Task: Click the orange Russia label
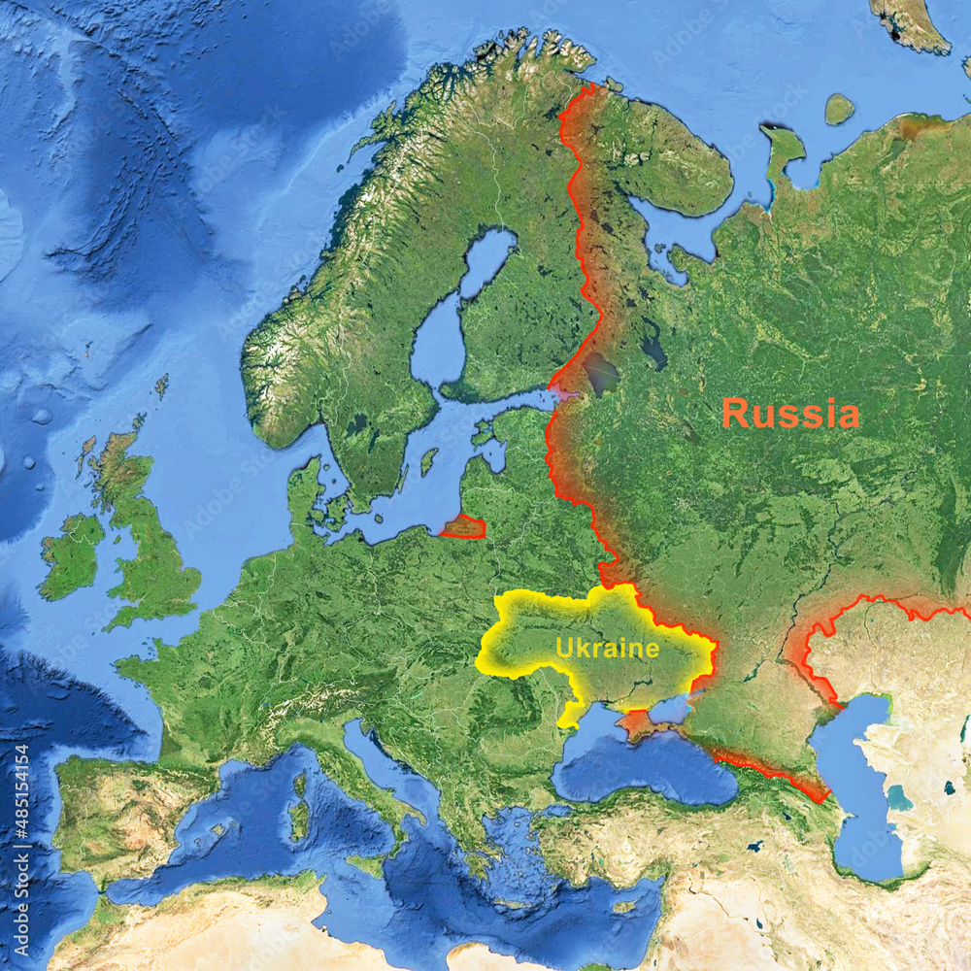point(789,414)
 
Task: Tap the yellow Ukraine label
point(607,648)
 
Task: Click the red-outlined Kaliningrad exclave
point(464,527)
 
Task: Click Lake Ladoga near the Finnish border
point(600,373)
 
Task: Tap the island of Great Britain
point(146,544)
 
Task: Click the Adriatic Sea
point(388,767)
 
